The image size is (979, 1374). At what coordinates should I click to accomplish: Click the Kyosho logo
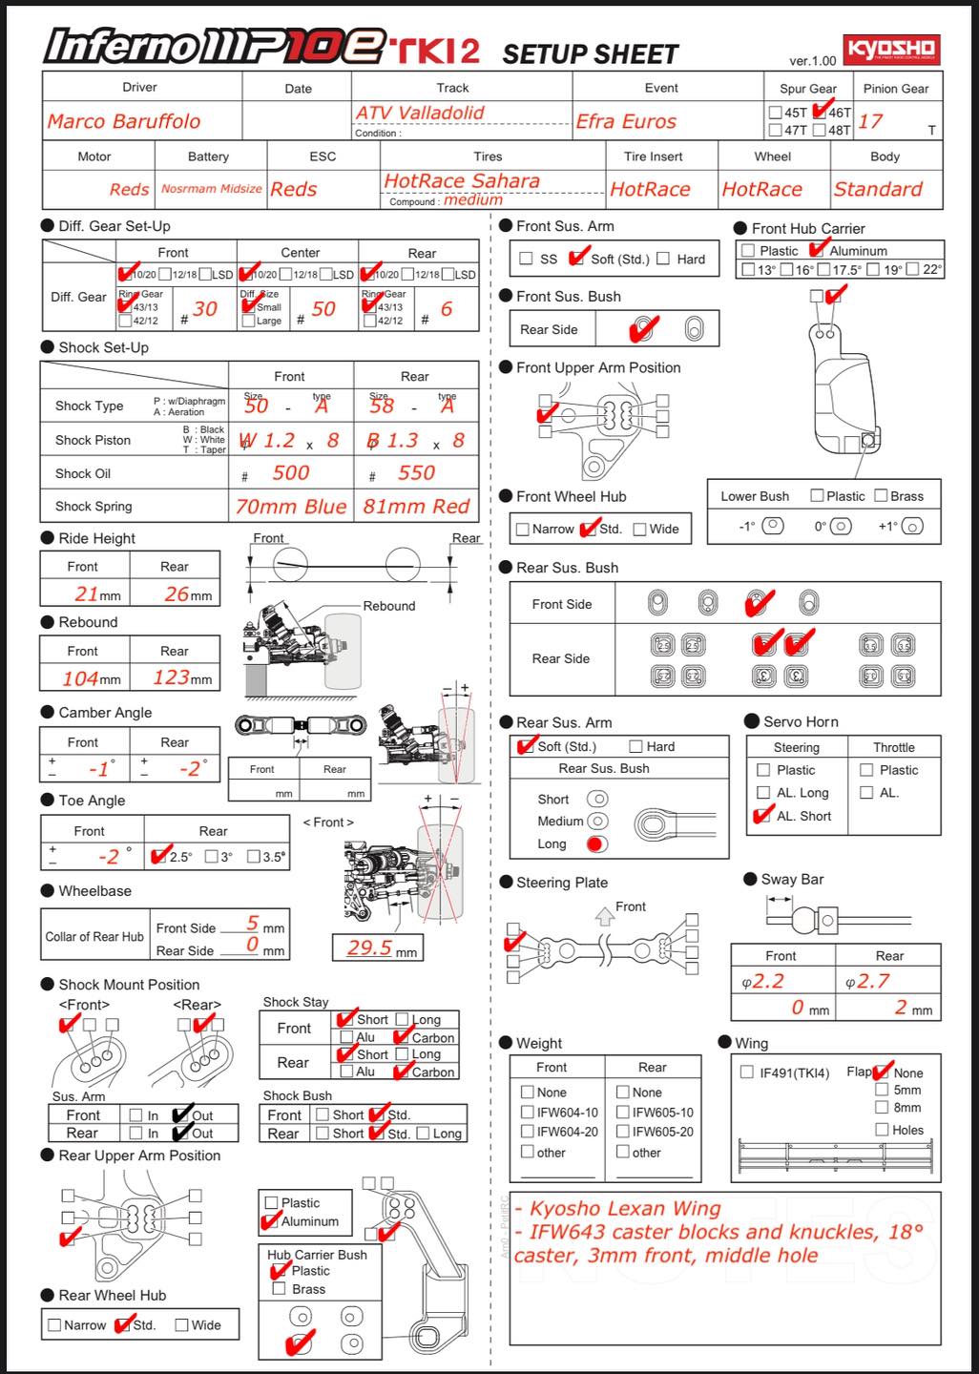tap(891, 50)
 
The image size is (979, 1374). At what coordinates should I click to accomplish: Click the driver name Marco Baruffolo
tap(124, 121)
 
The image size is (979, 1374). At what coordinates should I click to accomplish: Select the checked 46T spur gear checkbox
tap(820, 113)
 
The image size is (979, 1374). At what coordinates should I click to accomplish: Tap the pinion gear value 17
tap(870, 121)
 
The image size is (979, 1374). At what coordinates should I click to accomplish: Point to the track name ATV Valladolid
tap(420, 113)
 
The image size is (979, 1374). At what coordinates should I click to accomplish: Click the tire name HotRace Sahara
tap(462, 180)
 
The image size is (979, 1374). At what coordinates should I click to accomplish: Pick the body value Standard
tap(878, 189)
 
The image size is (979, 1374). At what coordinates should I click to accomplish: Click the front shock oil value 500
tap(290, 472)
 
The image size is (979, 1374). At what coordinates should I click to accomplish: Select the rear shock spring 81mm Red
tap(416, 507)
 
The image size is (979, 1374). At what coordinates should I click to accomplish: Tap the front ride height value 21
tap(87, 593)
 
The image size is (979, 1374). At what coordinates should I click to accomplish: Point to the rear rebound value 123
tap(172, 677)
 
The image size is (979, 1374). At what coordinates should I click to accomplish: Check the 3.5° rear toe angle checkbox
tap(254, 857)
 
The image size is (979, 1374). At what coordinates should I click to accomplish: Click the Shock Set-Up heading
tap(103, 347)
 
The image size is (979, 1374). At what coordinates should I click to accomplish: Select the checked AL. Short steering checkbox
tap(762, 816)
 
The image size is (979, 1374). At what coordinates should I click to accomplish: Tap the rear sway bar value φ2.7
tap(868, 981)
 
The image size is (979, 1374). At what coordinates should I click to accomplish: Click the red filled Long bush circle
tap(597, 843)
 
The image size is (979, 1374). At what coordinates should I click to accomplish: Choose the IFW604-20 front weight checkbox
tap(528, 1132)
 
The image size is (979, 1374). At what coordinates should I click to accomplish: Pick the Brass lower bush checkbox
tap(882, 496)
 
